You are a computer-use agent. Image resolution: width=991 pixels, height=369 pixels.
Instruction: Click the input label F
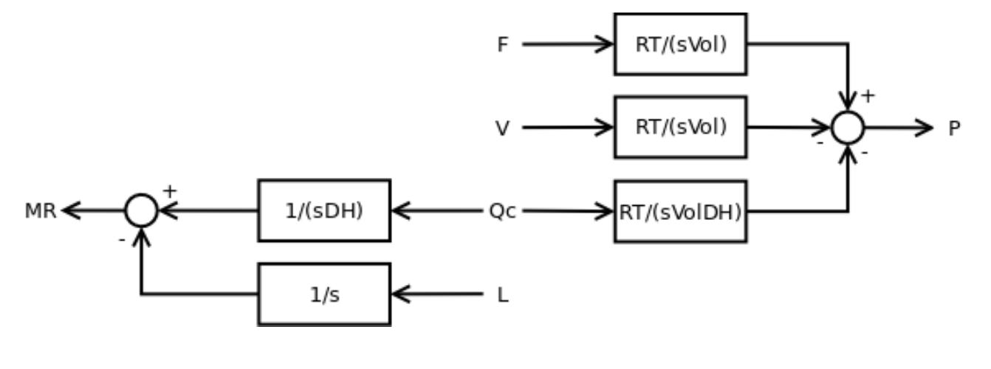pyautogui.click(x=503, y=45)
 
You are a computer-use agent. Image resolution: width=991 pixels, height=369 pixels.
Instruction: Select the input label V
pyautogui.click(x=503, y=128)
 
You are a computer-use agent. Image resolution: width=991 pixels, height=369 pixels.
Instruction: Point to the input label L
pyautogui.click(x=503, y=295)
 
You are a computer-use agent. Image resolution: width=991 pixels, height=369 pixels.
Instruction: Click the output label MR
pyautogui.click(x=40, y=212)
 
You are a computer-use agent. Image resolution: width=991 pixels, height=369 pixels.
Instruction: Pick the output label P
pyautogui.click(x=954, y=128)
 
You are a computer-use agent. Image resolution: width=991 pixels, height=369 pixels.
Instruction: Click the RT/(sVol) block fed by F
pyautogui.click(x=680, y=44)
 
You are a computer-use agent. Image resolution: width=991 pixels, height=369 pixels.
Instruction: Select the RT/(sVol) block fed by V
pyautogui.click(x=680, y=127)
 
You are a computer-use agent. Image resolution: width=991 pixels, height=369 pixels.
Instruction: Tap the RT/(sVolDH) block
pyautogui.click(x=680, y=211)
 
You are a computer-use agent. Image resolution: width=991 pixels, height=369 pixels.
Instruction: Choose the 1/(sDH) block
pyautogui.click(x=324, y=210)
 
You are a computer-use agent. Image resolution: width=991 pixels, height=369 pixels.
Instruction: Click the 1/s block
pyautogui.click(x=324, y=294)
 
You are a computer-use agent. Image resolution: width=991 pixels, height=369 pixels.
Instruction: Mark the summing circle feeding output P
pyautogui.click(x=847, y=128)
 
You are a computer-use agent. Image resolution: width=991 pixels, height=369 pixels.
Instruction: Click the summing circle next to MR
pyautogui.click(x=141, y=211)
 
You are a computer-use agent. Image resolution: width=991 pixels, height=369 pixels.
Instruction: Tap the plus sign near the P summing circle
pyautogui.click(x=868, y=96)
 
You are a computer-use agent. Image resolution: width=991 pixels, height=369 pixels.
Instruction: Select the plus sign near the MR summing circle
pyautogui.click(x=169, y=191)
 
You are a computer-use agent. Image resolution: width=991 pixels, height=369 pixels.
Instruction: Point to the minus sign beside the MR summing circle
pyautogui.click(x=121, y=240)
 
